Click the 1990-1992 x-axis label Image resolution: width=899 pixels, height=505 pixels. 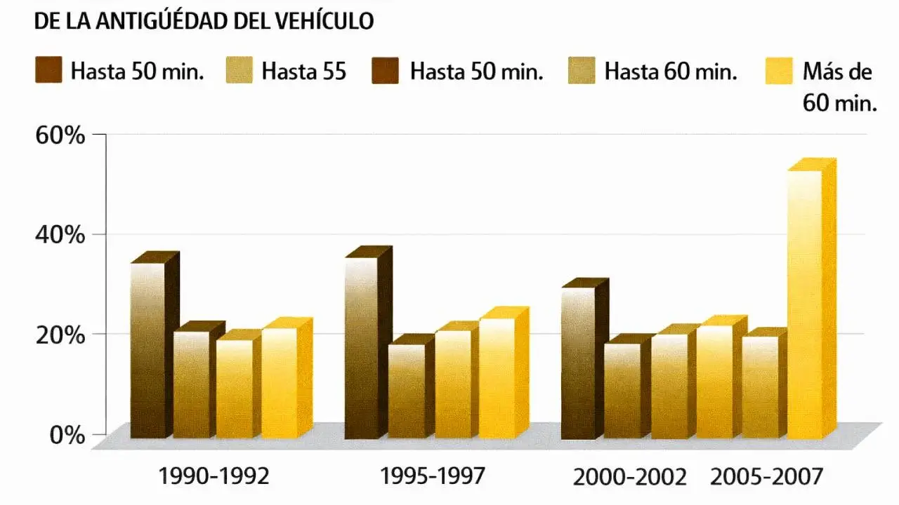tap(214, 477)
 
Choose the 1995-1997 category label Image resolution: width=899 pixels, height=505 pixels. tap(433, 477)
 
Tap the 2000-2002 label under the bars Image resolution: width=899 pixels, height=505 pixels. tap(629, 478)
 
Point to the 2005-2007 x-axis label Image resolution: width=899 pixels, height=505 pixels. tap(766, 478)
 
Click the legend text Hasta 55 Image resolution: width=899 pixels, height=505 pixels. tap(304, 72)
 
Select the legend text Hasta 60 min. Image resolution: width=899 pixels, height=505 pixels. tap(671, 72)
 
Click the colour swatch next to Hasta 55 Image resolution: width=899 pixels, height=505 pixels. tap(239, 72)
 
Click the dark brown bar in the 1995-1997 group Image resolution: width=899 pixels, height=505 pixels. tap(362, 347)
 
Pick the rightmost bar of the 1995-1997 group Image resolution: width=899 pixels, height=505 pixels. tap(497, 379)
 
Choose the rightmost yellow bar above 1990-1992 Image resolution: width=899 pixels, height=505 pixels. tap(280, 382)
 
